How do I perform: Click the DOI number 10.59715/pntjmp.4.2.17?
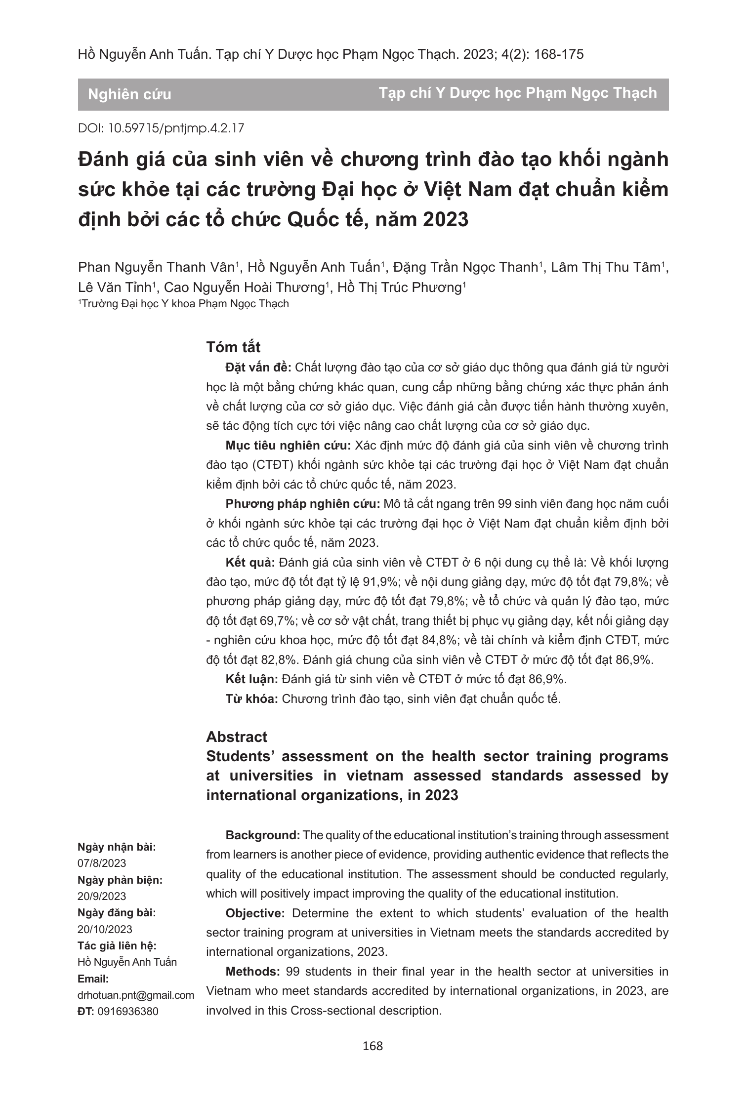[x=176, y=128]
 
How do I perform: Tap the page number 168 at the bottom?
[x=373, y=1046]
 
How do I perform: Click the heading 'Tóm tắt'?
[x=233, y=347]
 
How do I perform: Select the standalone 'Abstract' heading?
[x=236, y=737]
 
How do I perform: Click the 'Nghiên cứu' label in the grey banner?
[x=129, y=94]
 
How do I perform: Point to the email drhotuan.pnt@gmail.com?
[x=136, y=995]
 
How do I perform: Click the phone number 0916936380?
[x=128, y=1011]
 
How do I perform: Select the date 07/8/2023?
[x=102, y=863]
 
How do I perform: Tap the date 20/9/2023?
[x=102, y=896]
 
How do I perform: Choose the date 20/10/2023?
[x=105, y=929]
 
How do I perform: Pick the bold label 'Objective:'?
[x=255, y=913]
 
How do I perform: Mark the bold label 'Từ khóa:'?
[x=252, y=699]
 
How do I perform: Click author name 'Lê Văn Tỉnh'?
[x=115, y=287]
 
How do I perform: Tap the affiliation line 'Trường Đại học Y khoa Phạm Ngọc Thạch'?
[x=185, y=304]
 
